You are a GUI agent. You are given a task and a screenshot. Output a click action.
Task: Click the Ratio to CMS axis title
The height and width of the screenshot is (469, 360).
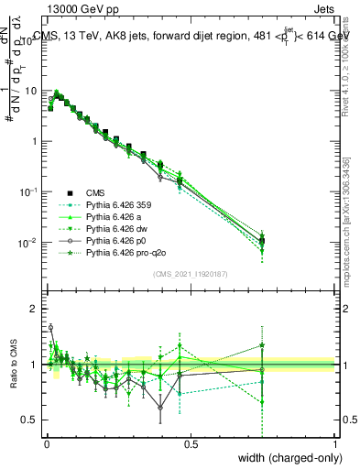click(14, 365)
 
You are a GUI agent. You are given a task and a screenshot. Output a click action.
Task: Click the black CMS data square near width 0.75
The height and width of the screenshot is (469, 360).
click(262, 241)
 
